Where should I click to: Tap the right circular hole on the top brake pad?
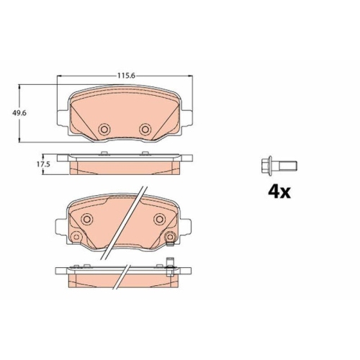(145, 129)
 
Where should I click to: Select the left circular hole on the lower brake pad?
(86, 220)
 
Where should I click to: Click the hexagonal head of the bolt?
(264, 166)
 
